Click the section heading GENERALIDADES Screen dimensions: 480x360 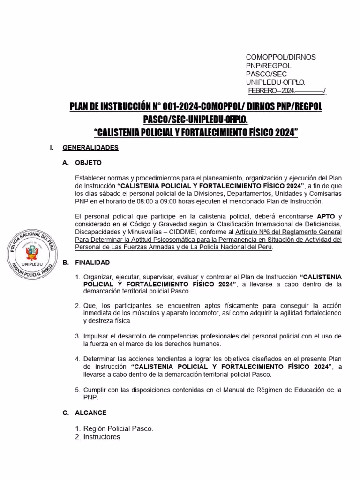[x=90, y=148]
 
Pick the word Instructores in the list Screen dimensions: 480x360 [x=102, y=437]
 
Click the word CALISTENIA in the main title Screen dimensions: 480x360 [x=121, y=133]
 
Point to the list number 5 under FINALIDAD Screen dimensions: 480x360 [x=78, y=390]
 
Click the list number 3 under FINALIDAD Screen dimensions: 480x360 [x=78, y=336]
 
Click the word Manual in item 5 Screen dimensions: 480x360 [x=231, y=390]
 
